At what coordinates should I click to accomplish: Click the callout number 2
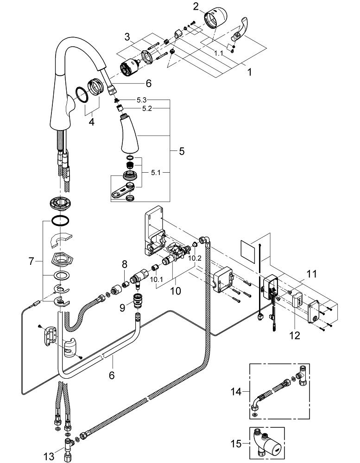pos(196,6)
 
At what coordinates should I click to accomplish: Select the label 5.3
pos(141,100)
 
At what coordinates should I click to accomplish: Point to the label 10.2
pos(195,258)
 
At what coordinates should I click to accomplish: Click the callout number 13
pos(49,457)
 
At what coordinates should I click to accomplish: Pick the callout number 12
pos(295,335)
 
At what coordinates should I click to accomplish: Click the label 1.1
pos(218,53)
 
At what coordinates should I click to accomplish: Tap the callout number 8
pos(125,264)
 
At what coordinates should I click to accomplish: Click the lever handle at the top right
pos(240,30)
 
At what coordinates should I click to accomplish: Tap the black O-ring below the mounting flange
pos(60,220)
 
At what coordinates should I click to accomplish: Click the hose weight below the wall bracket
pos(70,348)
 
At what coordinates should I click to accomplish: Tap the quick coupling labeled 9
pos(137,300)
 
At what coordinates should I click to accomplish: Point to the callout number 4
pos(92,121)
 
